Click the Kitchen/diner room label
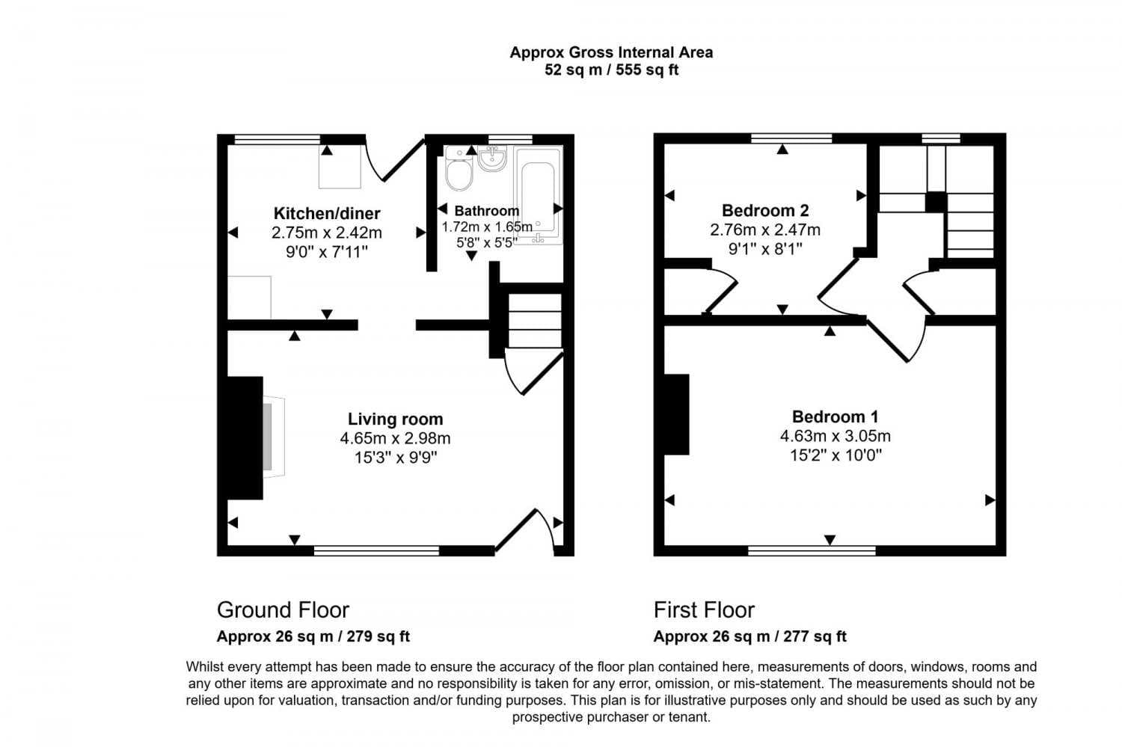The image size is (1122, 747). [x=327, y=213]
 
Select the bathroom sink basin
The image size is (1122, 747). [x=492, y=159]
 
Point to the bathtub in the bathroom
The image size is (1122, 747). [x=538, y=195]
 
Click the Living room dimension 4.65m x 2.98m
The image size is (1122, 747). [x=395, y=439]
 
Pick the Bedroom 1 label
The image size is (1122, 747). [x=835, y=416]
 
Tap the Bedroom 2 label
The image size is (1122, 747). [x=765, y=210]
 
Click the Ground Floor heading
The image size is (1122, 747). [x=283, y=610]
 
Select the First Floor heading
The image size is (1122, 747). [x=704, y=610]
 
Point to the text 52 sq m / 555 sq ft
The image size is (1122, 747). [x=611, y=70]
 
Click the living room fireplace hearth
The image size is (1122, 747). [x=274, y=437]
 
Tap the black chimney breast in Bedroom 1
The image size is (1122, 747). [x=677, y=414]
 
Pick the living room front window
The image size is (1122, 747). [x=376, y=551]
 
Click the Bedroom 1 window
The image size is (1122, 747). [x=812, y=551]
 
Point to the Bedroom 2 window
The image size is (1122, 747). [x=792, y=138]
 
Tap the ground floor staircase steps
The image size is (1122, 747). [x=535, y=321]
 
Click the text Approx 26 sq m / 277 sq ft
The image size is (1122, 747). [x=749, y=636]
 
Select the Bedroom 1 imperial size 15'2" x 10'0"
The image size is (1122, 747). [x=836, y=455]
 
